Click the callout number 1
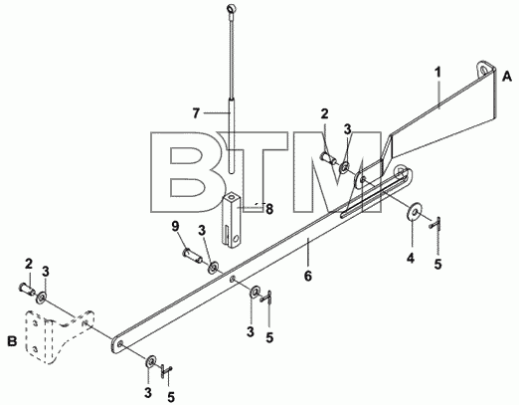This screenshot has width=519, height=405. pos(438,73)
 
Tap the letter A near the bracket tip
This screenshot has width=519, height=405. pos(507,77)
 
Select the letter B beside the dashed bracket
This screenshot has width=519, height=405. pos(12,341)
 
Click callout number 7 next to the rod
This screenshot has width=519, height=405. pos(196,113)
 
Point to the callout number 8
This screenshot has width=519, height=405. pos(269,209)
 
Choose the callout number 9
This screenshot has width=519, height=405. pos(175,227)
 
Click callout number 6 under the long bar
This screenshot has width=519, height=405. pos(308,276)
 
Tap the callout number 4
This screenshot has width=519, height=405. pos(411,258)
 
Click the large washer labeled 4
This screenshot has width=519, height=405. pos(414,212)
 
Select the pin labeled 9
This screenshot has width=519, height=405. pos(192,256)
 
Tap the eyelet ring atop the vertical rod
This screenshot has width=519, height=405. pos(231,7)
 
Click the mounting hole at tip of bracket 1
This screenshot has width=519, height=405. pos(485,70)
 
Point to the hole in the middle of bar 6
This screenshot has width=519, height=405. pos(234,278)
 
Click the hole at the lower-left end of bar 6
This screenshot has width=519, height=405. pos(120,343)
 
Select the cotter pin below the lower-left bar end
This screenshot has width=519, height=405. pos(166,371)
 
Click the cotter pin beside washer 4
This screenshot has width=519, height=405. pos(435,223)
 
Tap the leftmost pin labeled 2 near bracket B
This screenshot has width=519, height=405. pos(27,288)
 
